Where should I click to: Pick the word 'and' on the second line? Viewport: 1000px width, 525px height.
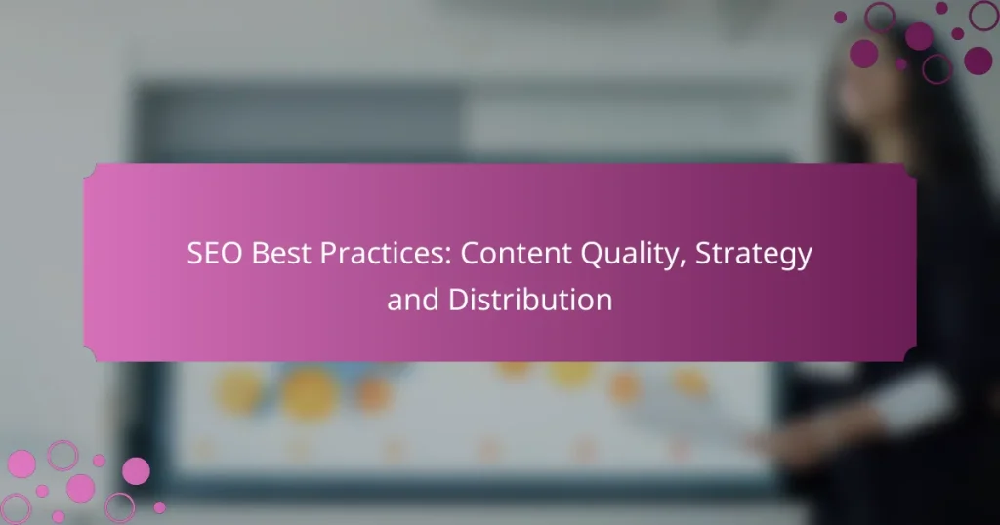click(x=410, y=300)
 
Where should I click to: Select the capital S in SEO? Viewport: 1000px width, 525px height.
click(x=194, y=255)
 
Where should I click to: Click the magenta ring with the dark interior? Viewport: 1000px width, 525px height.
click(x=937, y=67)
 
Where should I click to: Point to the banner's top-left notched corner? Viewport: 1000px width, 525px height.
click(x=88, y=168)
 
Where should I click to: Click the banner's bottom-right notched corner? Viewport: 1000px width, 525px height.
click(x=912, y=356)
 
